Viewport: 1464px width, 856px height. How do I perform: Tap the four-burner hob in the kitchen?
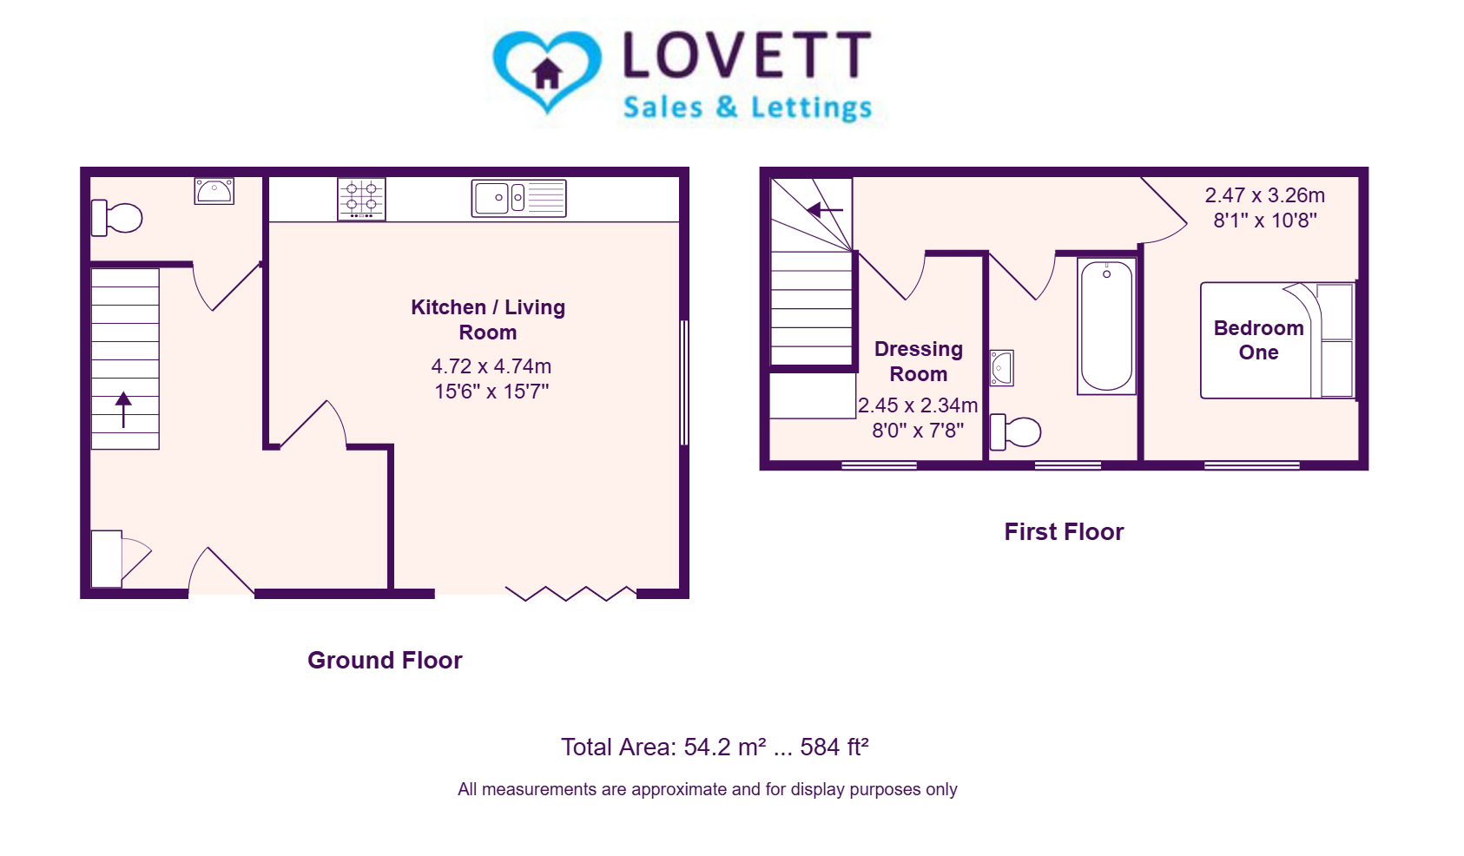tap(361, 199)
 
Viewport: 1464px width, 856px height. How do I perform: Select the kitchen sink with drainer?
tap(519, 198)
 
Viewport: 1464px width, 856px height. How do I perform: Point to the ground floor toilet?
tap(117, 218)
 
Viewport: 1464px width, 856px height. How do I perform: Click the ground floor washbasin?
tap(214, 192)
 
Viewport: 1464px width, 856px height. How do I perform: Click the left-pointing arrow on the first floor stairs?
tap(825, 210)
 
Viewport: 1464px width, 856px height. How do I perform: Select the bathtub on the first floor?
tap(1106, 326)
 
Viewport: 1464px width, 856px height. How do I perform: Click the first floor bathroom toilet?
tap(1016, 432)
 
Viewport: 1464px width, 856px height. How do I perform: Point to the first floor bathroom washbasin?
tap(1001, 368)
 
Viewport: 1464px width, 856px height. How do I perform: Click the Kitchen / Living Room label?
tap(488, 319)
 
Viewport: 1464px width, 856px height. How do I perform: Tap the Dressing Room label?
tap(919, 361)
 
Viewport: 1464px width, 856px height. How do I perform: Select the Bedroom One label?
tap(1259, 339)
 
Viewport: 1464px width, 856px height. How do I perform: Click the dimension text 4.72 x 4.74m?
tap(491, 365)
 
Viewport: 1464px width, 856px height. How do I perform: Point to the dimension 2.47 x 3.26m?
tap(1265, 195)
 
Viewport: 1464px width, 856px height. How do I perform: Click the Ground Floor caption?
tap(385, 660)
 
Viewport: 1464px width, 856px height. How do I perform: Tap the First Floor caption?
tap(1064, 532)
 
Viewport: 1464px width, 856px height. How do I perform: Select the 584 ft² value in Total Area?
tap(834, 747)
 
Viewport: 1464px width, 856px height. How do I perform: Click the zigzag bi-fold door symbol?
tap(570, 593)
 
